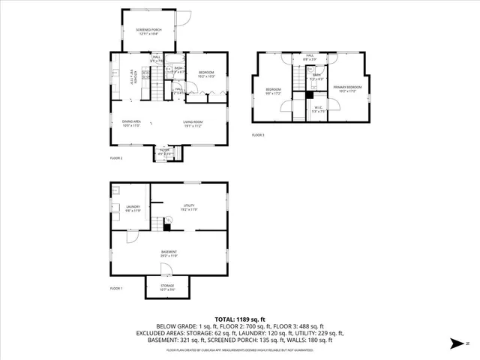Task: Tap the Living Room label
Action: pos(193,123)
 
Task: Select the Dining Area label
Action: pos(132,123)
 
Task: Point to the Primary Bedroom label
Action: pos(348,88)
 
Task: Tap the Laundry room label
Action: pos(133,208)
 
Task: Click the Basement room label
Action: pos(169,253)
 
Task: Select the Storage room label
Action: pos(167,286)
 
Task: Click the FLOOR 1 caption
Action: pos(116,288)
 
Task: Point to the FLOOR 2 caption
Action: pos(116,158)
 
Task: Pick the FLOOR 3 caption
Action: pos(258,135)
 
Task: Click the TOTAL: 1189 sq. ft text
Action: pos(239,319)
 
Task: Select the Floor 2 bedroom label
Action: pos(205,73)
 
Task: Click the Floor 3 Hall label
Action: pos(309,57)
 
